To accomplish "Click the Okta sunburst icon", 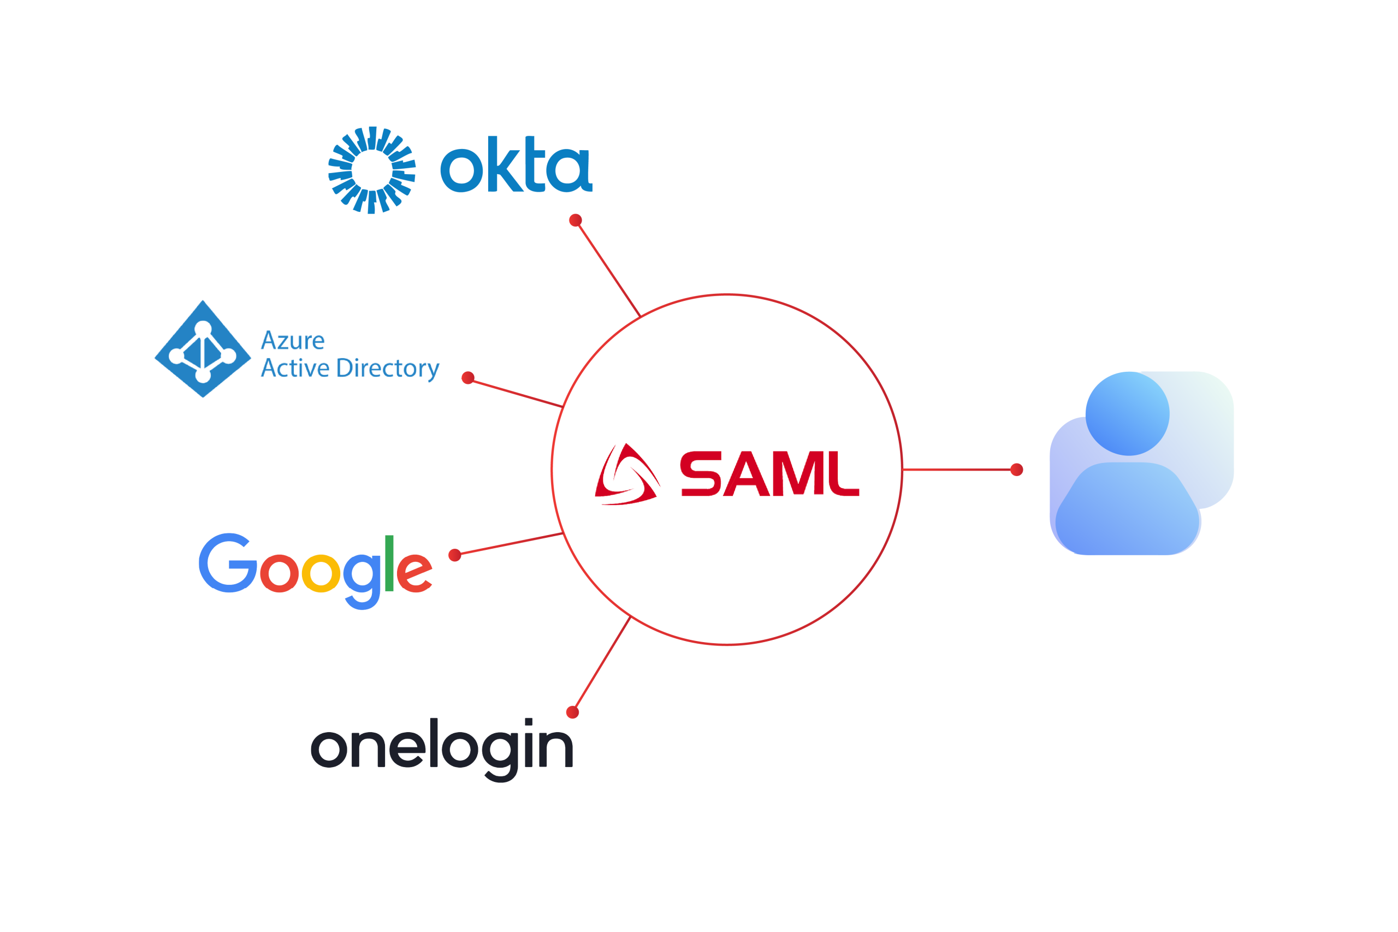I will click(372, 170).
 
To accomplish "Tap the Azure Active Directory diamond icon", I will click(203, 349).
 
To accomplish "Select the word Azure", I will click(293, 341).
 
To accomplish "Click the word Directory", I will click(388, 369).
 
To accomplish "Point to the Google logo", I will click(316, 570).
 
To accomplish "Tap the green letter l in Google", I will click(389, 563).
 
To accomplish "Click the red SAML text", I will click(769, 473).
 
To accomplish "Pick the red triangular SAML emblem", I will click(627, 475).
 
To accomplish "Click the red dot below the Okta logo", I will click(575, 221).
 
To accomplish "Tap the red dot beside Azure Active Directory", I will click(468, 377).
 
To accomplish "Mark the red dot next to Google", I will click(455, 555).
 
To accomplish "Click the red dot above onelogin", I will click(572, 712).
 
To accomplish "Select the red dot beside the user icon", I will click(1017, 470).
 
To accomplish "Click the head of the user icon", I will click(1127, 413).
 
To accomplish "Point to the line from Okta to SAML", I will click(607, 268).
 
